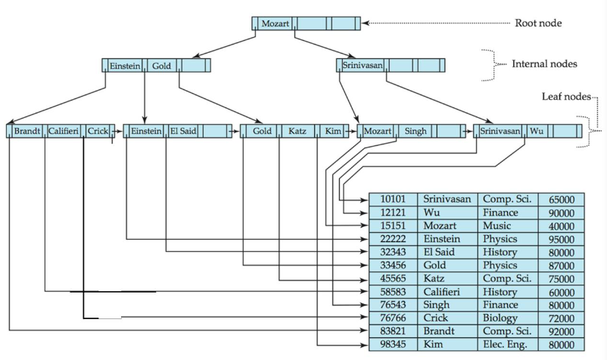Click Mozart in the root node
tap(275, 23)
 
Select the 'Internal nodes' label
tap(545, 64)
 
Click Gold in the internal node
tap(161, 66)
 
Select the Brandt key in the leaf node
tap(26, 131)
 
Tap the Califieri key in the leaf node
tap(64, 131)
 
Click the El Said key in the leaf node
tap(182, 131)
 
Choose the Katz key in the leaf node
tap(296, 131)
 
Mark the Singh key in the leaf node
tap(416, 131)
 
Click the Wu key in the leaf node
tap(536, 131)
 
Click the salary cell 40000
tap(560, 226)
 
